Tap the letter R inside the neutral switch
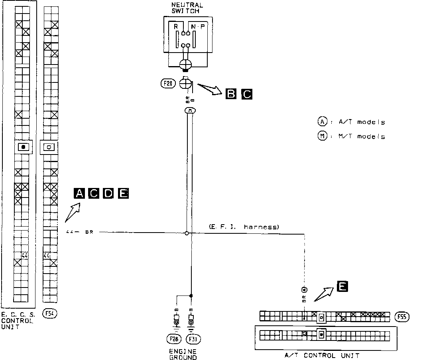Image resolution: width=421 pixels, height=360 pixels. pos(176,27)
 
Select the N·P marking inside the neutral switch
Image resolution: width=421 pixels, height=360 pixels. pos(198,27)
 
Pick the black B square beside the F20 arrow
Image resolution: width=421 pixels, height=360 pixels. pos(230,94)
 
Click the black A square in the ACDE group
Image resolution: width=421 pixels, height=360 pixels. pos(79,194)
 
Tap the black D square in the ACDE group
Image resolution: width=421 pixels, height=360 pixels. pos(108,194)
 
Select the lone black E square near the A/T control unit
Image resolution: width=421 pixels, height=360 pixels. pos(342,286)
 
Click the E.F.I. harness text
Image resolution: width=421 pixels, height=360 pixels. pos(243,227)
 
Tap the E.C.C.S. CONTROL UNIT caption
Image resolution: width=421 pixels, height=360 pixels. pos(18,320)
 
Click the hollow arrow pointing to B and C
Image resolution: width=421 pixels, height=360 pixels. pos(210,88)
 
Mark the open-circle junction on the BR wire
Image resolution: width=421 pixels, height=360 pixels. pos(187,233)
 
